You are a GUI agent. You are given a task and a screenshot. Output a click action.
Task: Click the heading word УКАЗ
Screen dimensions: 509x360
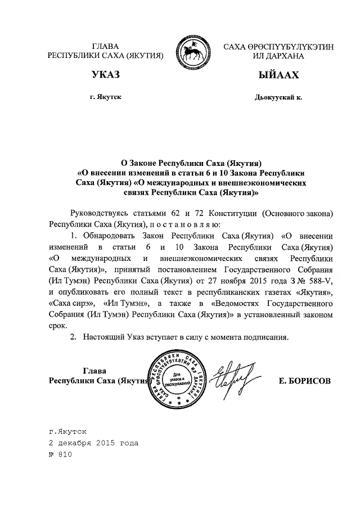click(x=106, y=75)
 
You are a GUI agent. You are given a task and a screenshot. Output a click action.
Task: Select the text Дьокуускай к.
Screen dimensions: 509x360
click(x=278, y=97)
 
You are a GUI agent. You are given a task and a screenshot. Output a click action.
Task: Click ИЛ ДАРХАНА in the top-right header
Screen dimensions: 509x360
click(x=278, y=56)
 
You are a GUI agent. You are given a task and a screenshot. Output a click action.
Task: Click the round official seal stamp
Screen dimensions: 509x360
click(x=175, y=379)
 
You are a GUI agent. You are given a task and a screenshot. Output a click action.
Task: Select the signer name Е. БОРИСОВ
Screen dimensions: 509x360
click(x=305, y=381)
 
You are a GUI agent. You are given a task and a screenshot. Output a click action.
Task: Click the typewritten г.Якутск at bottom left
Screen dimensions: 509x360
click(x=67, y=431)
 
